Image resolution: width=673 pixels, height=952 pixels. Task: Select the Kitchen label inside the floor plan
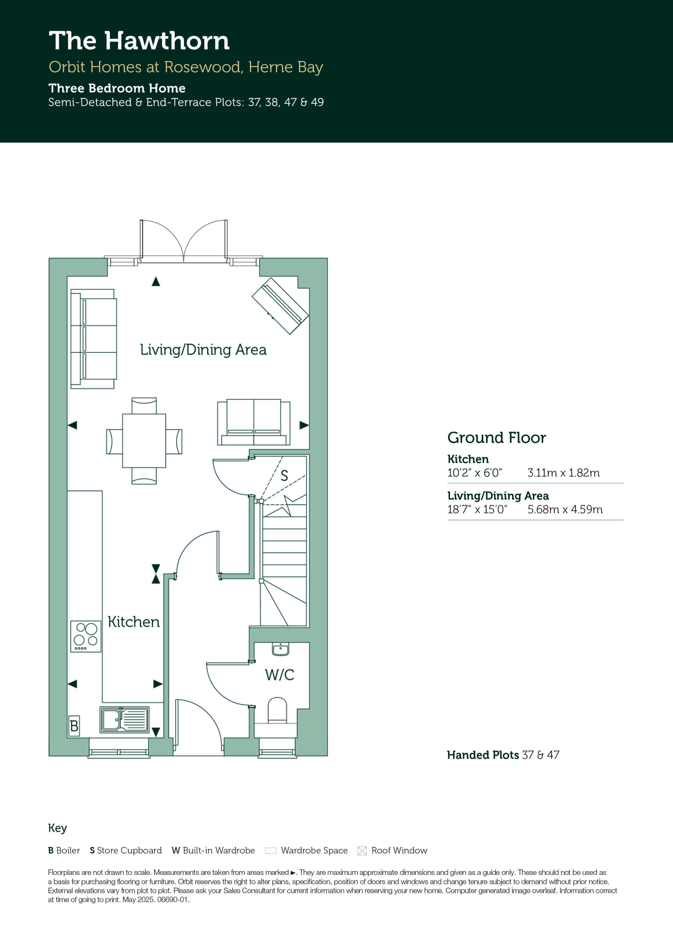point(134,622)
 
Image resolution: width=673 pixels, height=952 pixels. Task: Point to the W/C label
point(280,675)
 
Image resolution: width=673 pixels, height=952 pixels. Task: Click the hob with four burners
point(86,636)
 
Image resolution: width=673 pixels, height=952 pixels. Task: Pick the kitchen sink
point(124,719)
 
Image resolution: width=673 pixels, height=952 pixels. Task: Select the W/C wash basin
point(281,649)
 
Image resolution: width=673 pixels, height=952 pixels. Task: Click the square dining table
point(144,441)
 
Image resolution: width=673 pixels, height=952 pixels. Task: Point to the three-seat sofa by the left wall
point(93,339)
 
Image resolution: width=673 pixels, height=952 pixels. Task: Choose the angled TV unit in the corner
point(280,306)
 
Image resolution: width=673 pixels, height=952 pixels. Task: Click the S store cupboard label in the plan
point(284,475)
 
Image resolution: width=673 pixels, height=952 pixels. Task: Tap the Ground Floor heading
point(496,438)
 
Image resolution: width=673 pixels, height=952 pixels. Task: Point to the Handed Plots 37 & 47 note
point(503,755)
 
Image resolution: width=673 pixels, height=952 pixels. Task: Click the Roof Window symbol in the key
point(362,851)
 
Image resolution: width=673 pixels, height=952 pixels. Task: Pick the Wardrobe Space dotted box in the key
point(270,851)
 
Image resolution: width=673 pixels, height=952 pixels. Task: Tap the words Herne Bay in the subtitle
point(286,67)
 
